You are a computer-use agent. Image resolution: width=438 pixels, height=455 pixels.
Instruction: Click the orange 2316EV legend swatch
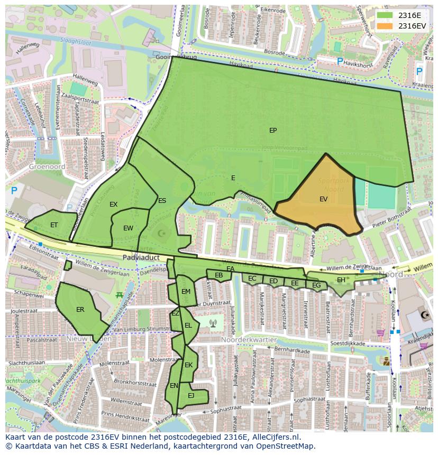[385, 26]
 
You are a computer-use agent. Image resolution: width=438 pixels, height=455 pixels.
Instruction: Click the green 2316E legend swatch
[385, 15]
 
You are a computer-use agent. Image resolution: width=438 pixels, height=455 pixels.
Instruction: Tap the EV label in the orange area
[323, 199]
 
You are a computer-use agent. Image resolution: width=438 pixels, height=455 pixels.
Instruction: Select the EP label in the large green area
[273, 131]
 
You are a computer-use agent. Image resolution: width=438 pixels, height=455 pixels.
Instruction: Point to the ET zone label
[54, 225]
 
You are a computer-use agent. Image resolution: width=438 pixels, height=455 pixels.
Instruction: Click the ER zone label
[80, 310]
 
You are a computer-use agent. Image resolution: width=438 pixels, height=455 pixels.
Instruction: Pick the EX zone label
[113, 205]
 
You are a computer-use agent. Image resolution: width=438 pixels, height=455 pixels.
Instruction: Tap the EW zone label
[128, 228]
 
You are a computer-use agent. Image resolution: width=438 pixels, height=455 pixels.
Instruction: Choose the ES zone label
[162, 201]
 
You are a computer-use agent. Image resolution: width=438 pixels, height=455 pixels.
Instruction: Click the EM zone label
[186, 292]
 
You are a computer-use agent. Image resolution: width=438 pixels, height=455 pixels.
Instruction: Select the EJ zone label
[191, 395]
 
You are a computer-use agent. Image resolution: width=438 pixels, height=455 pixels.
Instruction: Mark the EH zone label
[341, 280]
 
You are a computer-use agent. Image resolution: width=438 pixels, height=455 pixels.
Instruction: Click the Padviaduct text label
[141, 257]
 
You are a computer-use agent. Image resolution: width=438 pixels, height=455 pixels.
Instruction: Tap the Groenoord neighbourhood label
[47, 166]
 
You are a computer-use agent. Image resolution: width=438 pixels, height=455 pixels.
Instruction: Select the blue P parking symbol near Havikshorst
[340, 62]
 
